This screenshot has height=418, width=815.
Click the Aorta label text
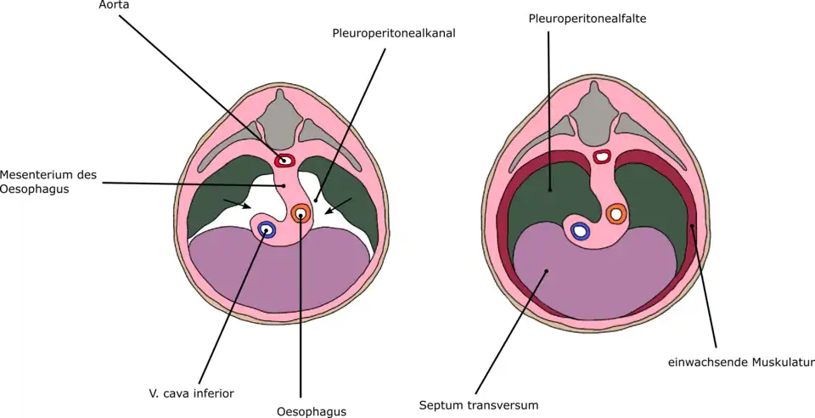tap(114, 5)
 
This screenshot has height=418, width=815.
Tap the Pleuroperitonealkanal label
tap(393, 34)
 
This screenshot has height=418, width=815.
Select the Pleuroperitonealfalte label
tap(587, 18)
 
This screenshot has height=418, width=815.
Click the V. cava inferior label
tap(191, 393)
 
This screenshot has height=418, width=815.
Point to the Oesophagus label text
tap(312, 412)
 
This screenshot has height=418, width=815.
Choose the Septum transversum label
tap(479, 405)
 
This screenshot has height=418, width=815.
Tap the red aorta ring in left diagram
tap(284, 160)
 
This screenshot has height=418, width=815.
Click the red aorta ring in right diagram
tap(602, 156)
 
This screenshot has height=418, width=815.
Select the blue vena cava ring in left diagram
tap(267, 229)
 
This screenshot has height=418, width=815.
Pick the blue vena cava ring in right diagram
tap(581, 230)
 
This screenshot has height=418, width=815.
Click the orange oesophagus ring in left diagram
tap(301, 213)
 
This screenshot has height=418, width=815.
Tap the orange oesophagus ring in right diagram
tap(616, 214)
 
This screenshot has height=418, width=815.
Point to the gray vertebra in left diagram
tap(278, 116)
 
